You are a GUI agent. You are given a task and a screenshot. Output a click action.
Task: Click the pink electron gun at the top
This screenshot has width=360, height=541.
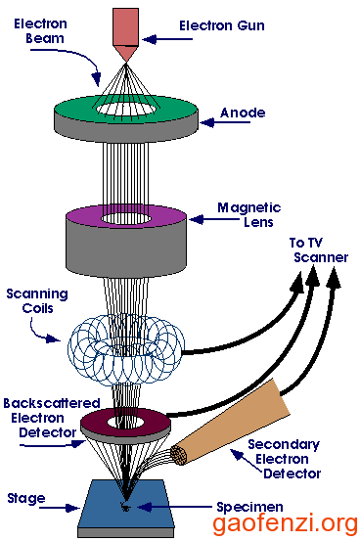click(126, 28)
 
